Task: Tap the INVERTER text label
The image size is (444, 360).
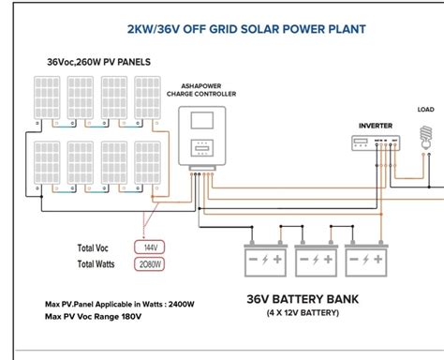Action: (376, 126)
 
